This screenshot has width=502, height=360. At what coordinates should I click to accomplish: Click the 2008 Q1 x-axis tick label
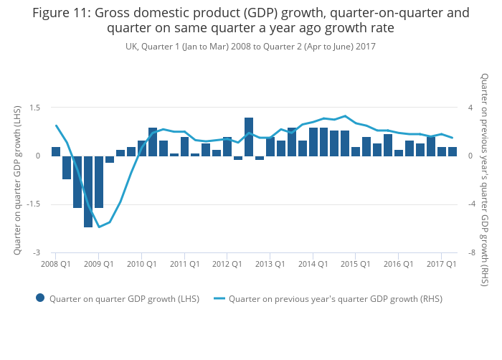coord(55,264)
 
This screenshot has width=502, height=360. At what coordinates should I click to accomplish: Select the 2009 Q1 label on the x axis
coord(99,264)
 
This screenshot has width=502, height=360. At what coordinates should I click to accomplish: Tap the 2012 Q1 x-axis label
coord(227,264)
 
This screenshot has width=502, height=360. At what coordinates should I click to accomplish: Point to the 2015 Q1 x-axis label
coord(355,264)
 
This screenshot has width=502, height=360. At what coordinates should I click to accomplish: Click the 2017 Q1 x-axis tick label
coord(441,264)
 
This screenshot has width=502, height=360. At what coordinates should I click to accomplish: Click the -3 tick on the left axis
coord(37,252)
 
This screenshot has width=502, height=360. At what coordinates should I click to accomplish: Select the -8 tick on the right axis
coord(471,252)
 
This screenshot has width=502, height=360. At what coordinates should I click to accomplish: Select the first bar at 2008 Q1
coord(56,151)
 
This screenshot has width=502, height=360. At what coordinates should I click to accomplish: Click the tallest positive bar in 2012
coord(249,136)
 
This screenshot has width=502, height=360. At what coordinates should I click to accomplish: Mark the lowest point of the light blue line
coord(99,227)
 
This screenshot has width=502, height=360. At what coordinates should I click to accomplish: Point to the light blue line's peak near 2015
coord(345,116)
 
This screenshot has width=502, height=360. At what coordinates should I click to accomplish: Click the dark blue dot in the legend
coord(40,298)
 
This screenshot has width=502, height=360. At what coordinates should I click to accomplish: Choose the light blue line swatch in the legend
coord(219,298)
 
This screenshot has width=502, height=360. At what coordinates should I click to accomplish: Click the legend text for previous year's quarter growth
coord(335,299)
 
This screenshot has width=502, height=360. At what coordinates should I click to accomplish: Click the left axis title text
coord(18,180)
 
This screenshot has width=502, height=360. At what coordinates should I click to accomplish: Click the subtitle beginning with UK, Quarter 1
coord(250,47)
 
